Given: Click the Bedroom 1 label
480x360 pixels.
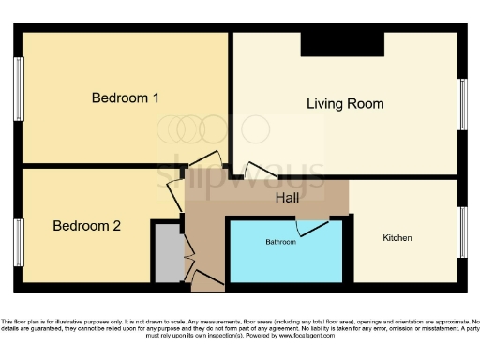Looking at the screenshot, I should [x=125, y=97].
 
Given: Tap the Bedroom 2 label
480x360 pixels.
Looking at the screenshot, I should [x=86, y=225].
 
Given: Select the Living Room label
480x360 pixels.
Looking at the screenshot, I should [x=345, y=103].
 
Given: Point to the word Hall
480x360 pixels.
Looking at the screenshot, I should [x=288, y=199].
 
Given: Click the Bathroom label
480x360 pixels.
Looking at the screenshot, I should [x=280, y=242].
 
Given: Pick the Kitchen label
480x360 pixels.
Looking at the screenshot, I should [x=397, y=238].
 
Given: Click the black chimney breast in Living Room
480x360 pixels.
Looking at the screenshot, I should [x=341, y=44].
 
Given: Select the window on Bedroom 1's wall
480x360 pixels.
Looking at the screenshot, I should [x=18, y=90].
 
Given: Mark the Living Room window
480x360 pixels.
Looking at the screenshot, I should [x=461, y=103].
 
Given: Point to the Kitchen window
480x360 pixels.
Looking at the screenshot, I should [x=461, y=232].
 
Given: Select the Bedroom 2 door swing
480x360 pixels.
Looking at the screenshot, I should [x=174, y=194].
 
